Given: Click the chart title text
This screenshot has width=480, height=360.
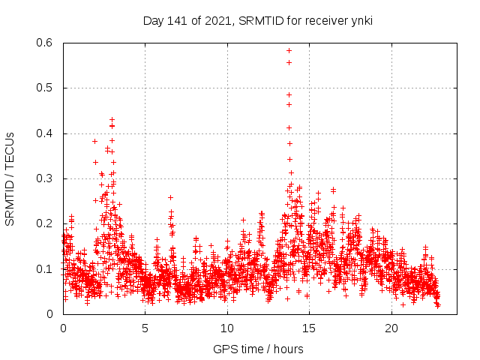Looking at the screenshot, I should [x=258, y=20].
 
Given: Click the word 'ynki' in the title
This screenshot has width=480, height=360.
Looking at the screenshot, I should [x=361, y=20].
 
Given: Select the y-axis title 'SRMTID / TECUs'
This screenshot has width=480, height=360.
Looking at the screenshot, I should [x=10, y=178].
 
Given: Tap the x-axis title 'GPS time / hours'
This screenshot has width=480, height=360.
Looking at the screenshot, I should [x=258, y=349].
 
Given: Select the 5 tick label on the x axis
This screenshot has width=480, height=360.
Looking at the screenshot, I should [x=145, y=328].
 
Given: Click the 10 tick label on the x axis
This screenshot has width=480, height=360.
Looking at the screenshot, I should [x=227, y=328].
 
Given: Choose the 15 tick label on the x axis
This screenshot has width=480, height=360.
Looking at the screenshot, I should [x=310, y=328].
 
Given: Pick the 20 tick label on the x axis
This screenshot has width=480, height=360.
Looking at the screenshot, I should [x=391, y=328].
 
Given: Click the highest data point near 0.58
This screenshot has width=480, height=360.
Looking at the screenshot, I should [x=289, y=50].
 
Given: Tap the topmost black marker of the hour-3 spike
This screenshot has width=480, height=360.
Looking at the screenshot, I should [x=112, y=119].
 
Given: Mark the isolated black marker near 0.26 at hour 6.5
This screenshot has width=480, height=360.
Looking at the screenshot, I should [x=170, y=197].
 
